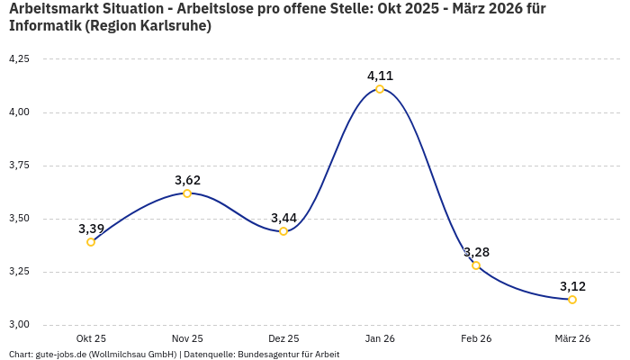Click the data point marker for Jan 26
(x=380, y=89)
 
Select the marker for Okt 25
(x=91, y=242)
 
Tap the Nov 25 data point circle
(x=187, y=193)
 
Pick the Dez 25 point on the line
(x=283, y=231)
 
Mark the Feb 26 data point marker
(x=476, y=265)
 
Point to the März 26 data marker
(x=572, y=300)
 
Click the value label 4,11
(x=380, y=76)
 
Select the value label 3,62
(x=187, y=180)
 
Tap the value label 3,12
(x=572, y=286)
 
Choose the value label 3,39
(x=91, y=229)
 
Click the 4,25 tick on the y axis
(x=19, y=59)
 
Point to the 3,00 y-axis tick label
(x=19, y=325)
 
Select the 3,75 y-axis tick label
(x=19, y=166)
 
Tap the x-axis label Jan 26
(x=380, y=338)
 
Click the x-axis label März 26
(x=572, y=338)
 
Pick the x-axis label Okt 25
(x=91, y=338)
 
